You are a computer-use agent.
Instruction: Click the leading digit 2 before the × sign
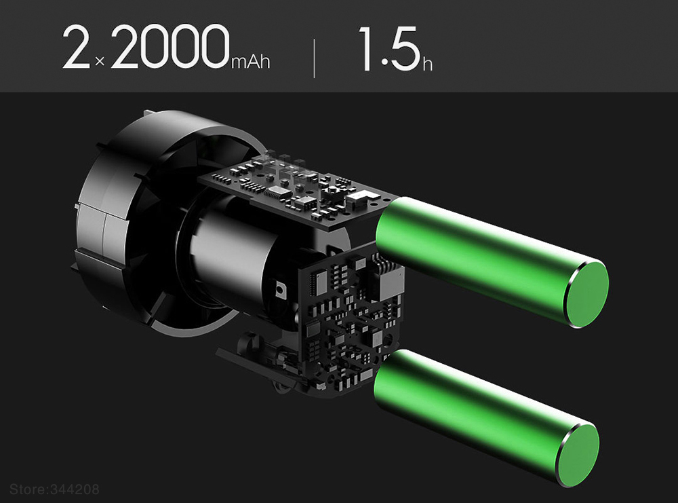tap(76, 48)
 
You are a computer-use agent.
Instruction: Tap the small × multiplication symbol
tap(100, 62)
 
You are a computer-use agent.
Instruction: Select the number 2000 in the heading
tap(169, 47)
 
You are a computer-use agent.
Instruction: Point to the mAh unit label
tap(251, 62)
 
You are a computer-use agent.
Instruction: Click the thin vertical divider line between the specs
tap(314, 58)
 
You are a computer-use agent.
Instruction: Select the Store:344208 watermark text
tap(54, 489)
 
